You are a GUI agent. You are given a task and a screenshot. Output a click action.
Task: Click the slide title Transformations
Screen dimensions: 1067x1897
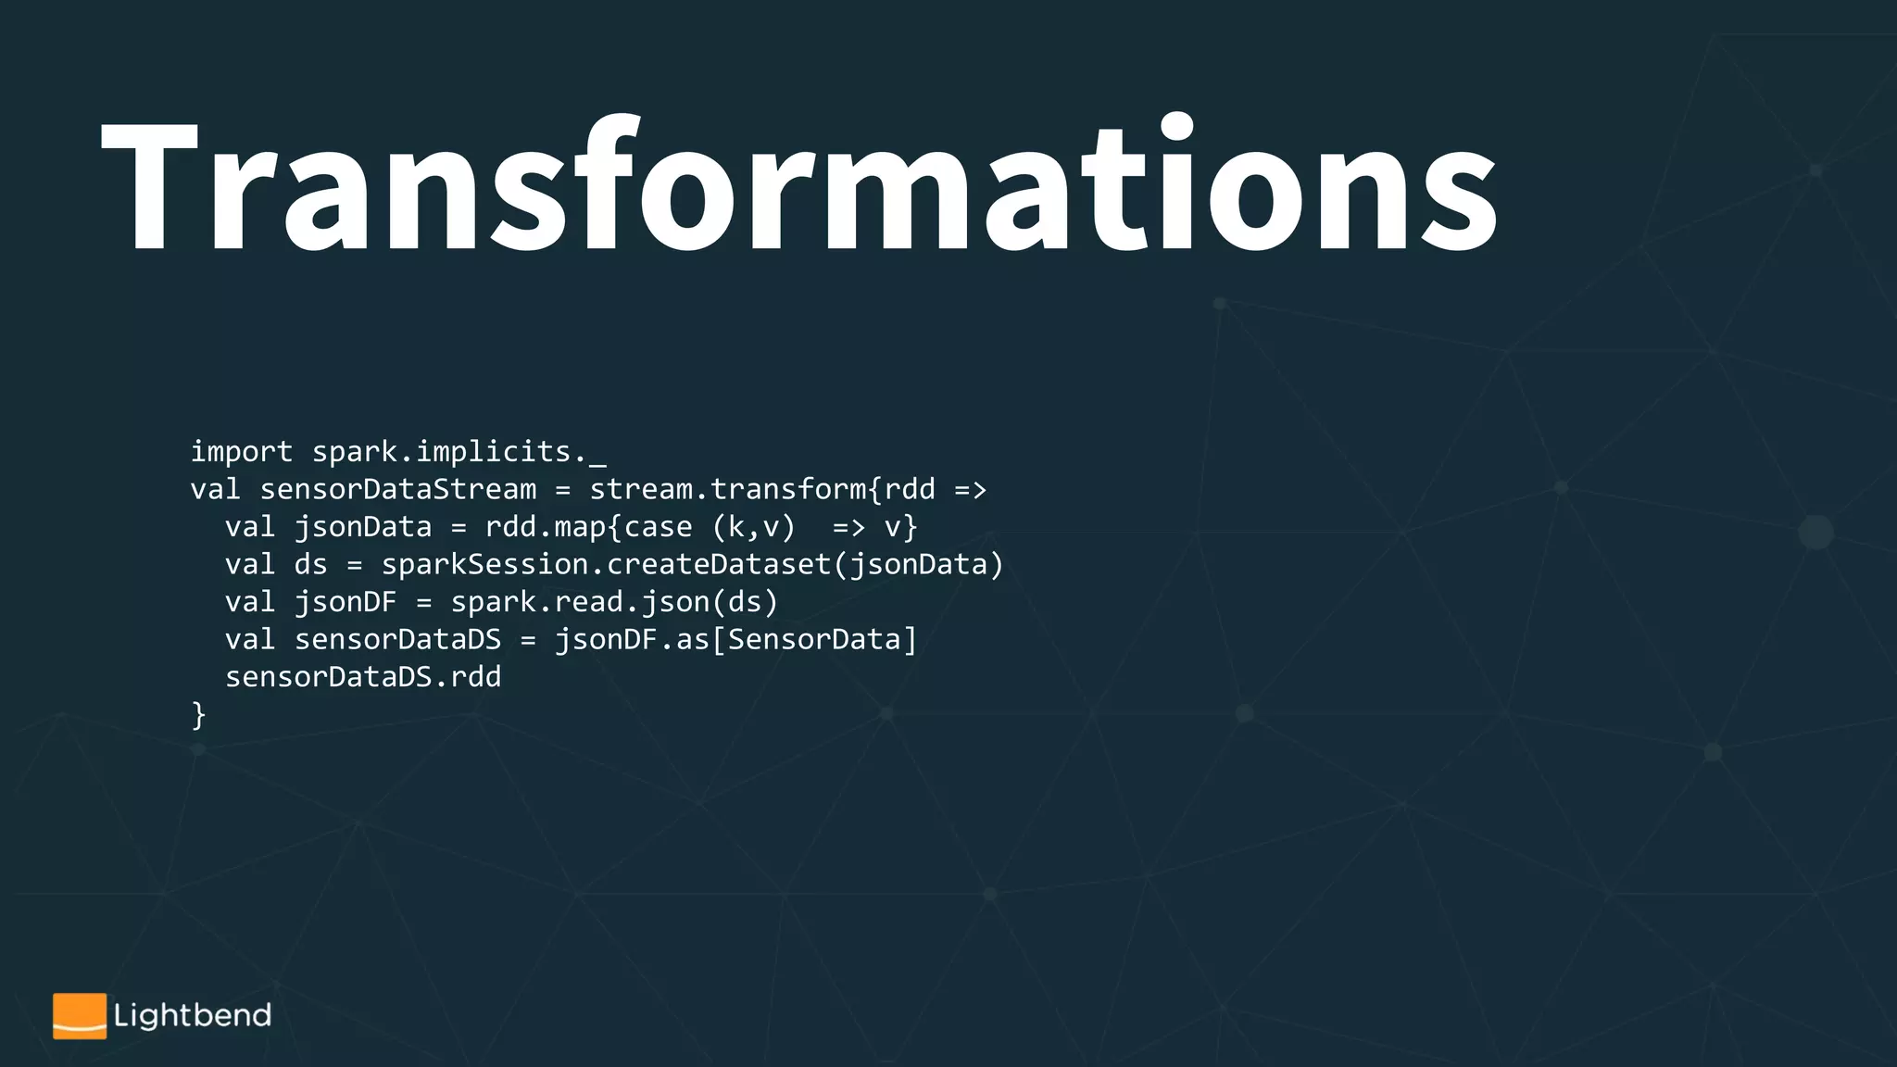[798, 185]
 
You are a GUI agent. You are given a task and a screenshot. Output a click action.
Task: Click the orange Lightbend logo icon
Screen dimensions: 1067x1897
[80, 1016]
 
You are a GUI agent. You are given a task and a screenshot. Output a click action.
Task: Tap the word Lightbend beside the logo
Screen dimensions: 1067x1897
[193, 1016]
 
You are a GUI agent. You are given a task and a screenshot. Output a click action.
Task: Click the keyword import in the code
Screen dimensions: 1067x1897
[241, 452]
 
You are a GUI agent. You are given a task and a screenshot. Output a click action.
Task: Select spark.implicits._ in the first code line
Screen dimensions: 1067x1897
[459, 452]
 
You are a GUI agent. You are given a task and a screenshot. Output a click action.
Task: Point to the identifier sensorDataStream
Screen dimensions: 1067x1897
[397, 490]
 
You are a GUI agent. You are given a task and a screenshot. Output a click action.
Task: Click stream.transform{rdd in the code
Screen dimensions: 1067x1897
[762, 490]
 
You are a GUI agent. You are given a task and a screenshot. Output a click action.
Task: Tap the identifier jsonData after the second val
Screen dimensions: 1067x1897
[363, 528]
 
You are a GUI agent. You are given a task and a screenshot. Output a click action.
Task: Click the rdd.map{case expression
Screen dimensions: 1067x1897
[588, 528]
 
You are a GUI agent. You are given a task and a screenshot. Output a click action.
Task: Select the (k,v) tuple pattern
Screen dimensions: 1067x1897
[754, 528]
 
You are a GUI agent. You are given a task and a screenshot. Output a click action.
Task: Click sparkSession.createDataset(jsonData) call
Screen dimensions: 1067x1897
[693, 565]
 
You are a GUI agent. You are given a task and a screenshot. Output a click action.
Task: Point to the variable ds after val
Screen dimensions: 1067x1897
[310, 565]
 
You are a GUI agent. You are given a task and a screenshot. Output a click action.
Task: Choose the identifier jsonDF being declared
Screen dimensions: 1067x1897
[345, 603]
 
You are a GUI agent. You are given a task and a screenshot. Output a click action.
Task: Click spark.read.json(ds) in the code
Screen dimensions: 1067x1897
[614, 603]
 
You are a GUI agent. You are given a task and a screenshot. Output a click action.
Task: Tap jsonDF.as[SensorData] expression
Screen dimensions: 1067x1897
[735, 640]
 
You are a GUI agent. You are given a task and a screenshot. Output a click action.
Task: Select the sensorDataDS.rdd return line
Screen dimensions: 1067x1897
[363, 678]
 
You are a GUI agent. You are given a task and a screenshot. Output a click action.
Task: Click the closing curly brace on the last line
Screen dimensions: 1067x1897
[198, 715]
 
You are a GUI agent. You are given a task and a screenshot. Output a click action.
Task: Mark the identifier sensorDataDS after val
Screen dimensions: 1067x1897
[397, 640]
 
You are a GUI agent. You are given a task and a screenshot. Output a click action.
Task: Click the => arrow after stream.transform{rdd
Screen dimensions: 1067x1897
[970, 490]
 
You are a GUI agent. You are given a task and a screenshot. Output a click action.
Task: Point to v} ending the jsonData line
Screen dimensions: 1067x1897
[900, 528]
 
